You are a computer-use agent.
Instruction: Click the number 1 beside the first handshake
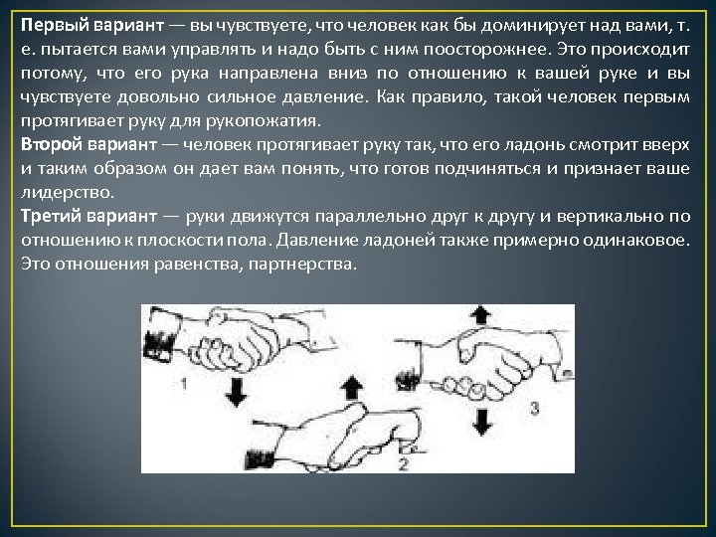[186, 382]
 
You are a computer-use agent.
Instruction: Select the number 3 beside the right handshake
[535, 407]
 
